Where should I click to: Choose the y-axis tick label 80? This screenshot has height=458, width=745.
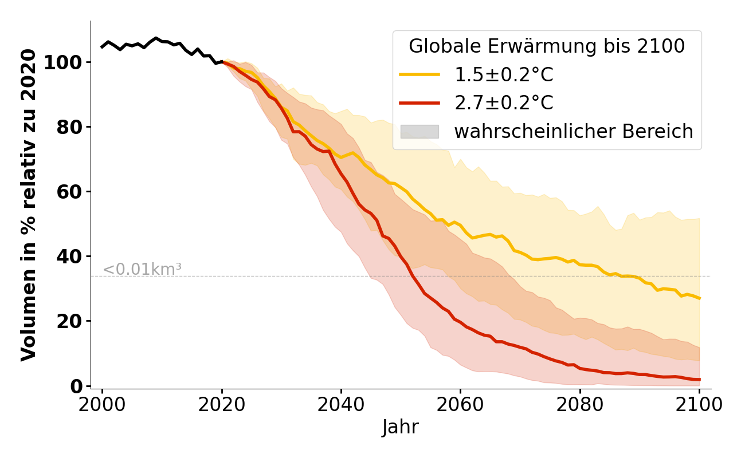point(69,127)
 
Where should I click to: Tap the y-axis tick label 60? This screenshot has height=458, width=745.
point(69,191)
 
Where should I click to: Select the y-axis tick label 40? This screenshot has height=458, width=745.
point(69,256)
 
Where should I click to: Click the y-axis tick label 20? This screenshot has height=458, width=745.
point(69,321)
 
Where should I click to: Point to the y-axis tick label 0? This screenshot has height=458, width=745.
point(77,386)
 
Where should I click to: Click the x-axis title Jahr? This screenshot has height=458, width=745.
point(400,428)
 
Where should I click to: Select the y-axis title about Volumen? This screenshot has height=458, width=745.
point(29,205)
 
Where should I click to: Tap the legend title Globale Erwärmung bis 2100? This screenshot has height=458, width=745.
point(547,46)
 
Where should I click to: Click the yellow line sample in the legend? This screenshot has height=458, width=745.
point(419,74)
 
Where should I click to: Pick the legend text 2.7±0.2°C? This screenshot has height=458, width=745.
point(504,103)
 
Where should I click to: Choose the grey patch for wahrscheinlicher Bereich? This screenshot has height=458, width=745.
point(419,132)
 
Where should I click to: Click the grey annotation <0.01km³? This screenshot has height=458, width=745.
point(142,269)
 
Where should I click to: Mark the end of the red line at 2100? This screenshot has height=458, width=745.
point(699,380)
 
